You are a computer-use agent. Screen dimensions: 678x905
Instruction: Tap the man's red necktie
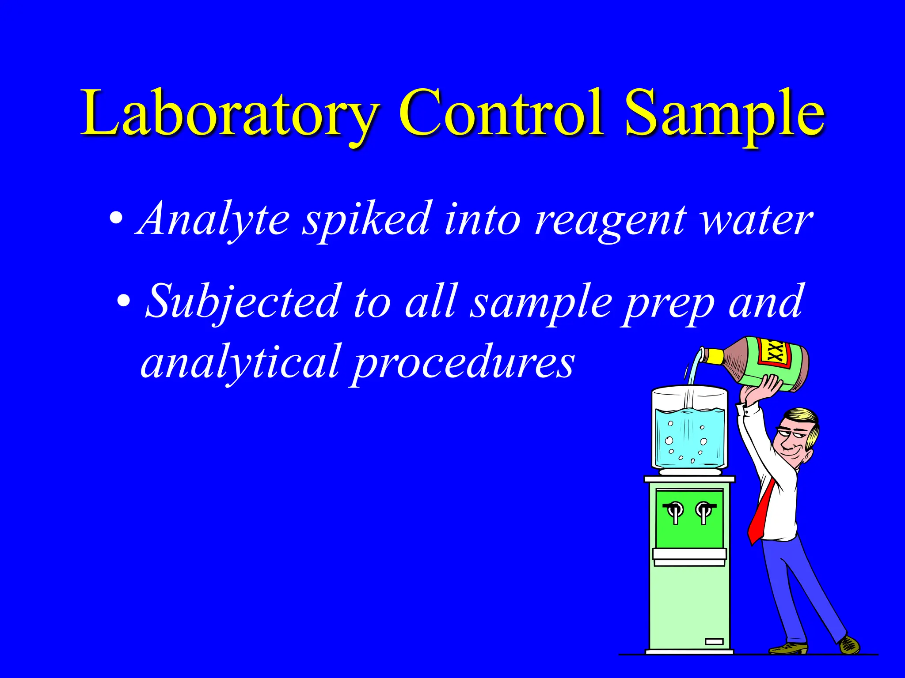[764, 512]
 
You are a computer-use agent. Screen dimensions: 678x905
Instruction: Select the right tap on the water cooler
[703, 512]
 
